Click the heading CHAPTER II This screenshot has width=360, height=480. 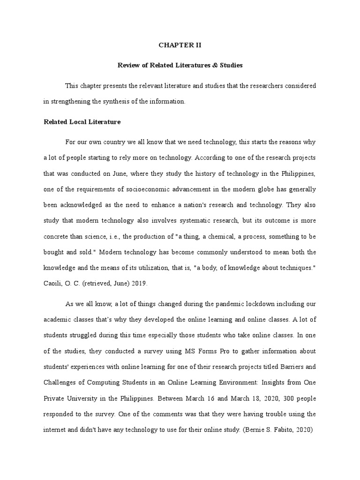tap(180, 45)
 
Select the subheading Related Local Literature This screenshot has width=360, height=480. tap(82, 122)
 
